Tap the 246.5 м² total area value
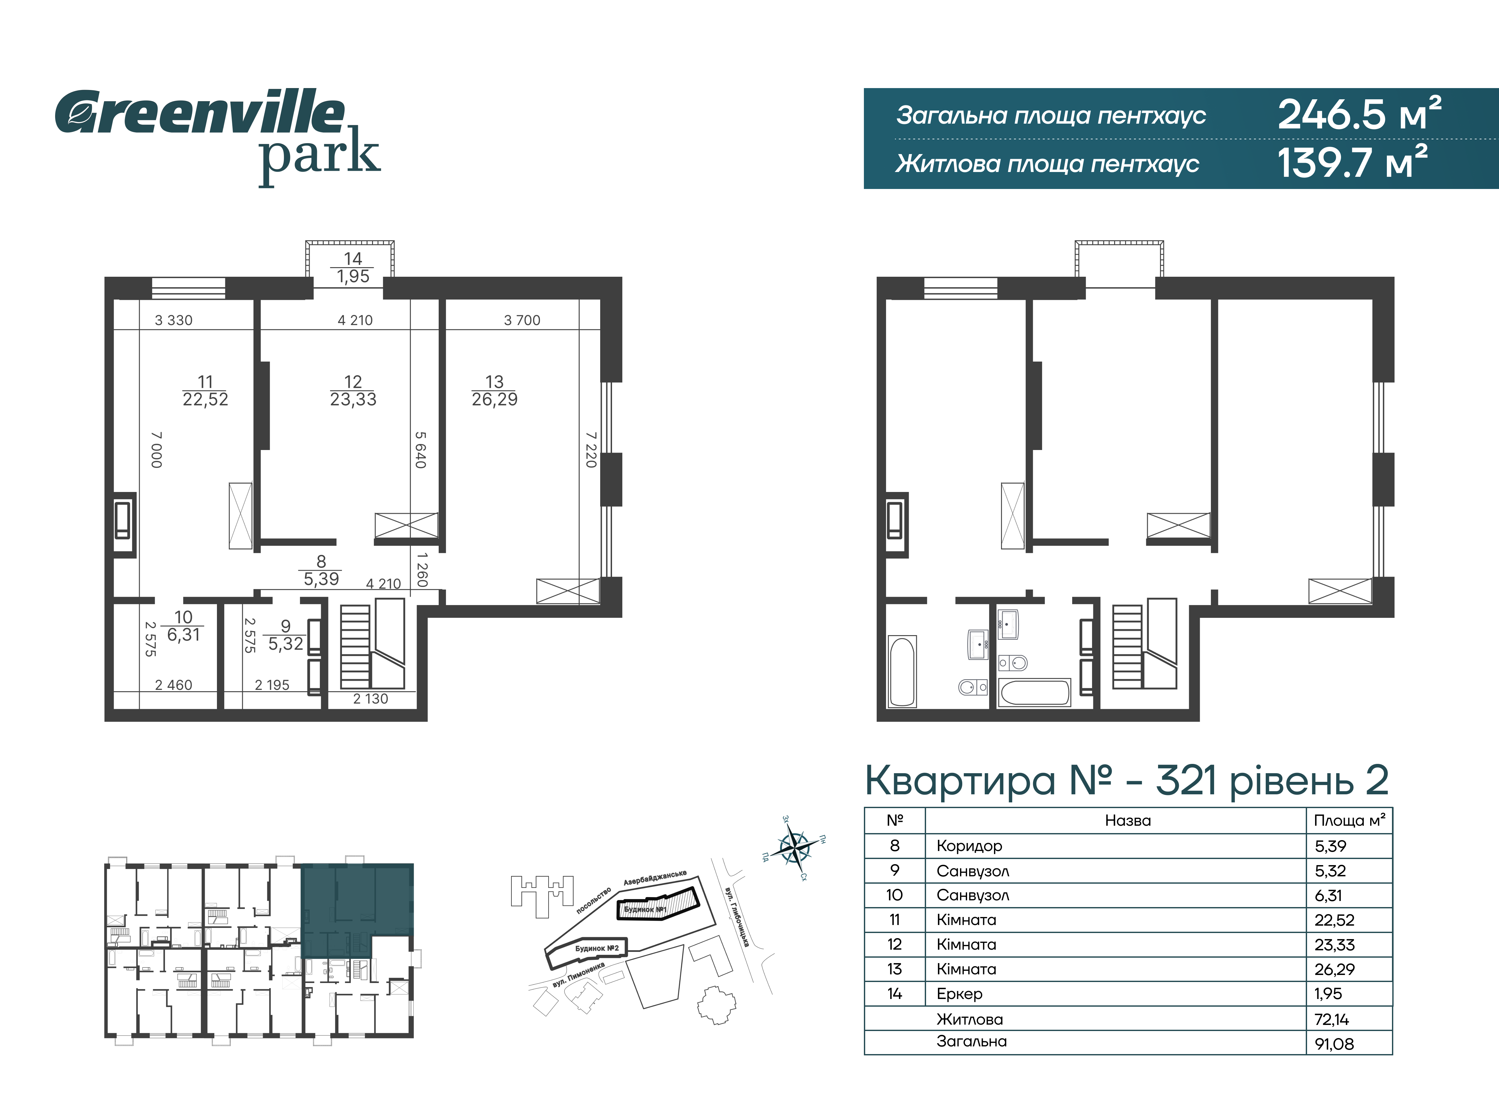(1360, 114)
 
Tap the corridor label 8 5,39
(321, 570)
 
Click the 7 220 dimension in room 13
(591, 450)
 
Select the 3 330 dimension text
(173, 320)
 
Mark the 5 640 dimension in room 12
(420, 450)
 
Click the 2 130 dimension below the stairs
(371, 699)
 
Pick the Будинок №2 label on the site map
(596, 948)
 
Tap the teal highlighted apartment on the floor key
(357, 910)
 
